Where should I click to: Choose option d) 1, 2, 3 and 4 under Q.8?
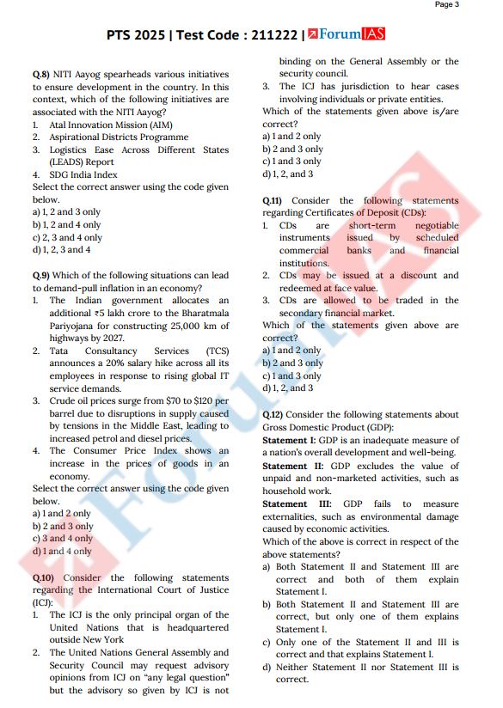pos(61,250)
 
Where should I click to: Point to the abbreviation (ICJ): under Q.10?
pos(43,602)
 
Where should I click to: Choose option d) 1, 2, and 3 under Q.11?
pos(287,388)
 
